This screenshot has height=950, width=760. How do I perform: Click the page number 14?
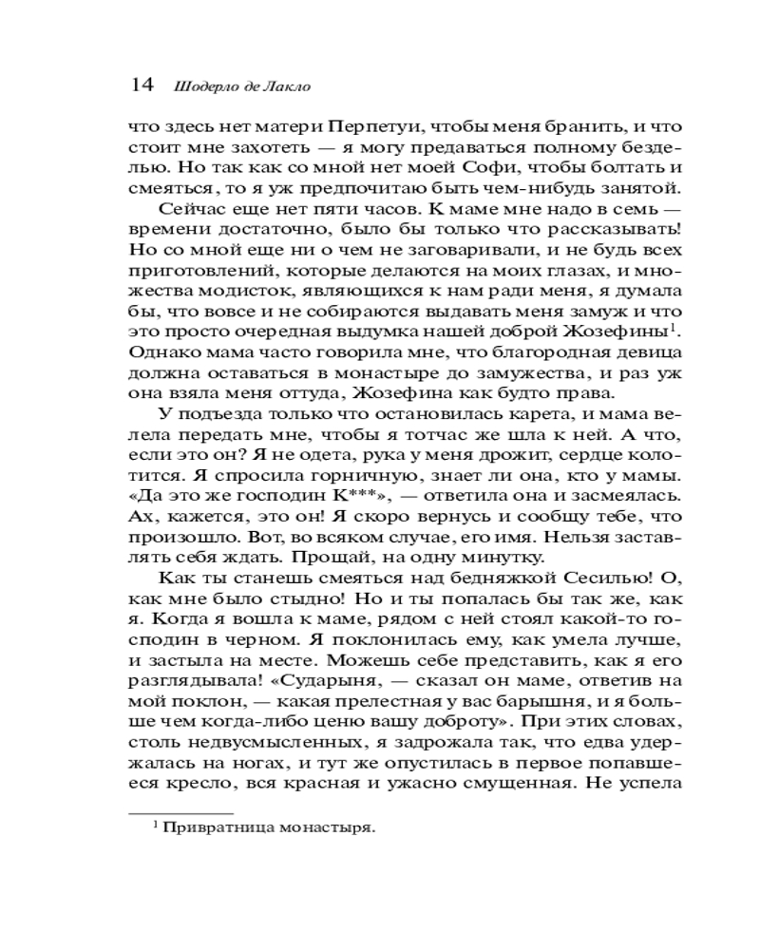(141, 85)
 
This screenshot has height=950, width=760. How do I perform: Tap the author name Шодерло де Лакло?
(242, 86)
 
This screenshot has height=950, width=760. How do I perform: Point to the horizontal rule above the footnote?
(180, 812)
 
